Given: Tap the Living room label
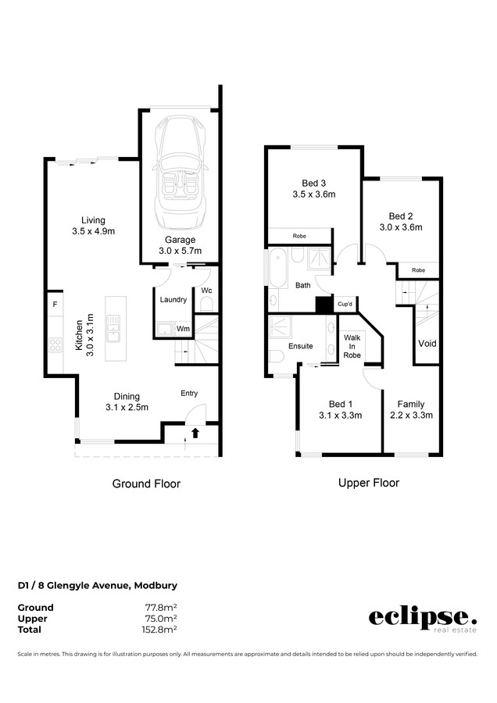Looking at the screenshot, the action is pyautogui.click(x=93, y=226).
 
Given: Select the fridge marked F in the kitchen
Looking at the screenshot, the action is pyautogui.click(x=55, y=304).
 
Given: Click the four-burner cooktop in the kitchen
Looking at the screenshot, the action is pyautogui.click(x=55, y=345).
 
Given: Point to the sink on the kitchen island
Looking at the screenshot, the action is pyautogui.click(x=113, y=328).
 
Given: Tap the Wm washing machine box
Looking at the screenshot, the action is pyautogui.click(x=183, y=329).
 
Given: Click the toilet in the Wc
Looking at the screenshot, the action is pyautogui.click(x=206, y=305).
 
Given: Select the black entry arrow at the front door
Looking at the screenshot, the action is pyautogui.click(x=195, y=433).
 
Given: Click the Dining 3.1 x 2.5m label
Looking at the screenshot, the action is pyautogui.click(x=127, y=401).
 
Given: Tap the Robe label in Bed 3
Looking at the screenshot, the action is pyautogui.click(x=299, y=236).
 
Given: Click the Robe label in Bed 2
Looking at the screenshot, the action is pyautogui.click(x=419, y=270).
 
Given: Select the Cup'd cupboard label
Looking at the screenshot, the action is pyautogui.click(x=345, y=304).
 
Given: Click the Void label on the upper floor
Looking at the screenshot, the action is pyautogui.click(x=427, y=344).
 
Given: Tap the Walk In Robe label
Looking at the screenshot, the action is pyautogui.click(x=352, y=346).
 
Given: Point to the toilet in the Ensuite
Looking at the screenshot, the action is pyautogui.click(x=277, y=356).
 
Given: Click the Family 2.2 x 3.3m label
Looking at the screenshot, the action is pyautogui.click(x=411, y=410).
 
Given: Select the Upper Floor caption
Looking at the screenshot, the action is pyautogui.click(x=369, y=483).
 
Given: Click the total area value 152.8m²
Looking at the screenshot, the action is pyautogui.click(x=159, y=630).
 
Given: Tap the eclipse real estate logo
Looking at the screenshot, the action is pyautogui.click(x=423, y=619).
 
